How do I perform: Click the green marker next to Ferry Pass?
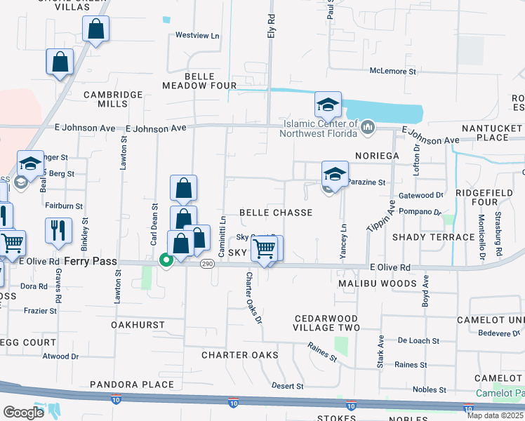(x=166, y=261)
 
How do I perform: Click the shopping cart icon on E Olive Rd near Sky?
(x=264, y=248)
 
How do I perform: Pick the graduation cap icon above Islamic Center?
(x=327, y=105)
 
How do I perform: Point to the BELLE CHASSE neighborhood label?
(x=275, y=212)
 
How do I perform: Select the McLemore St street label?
(x=394, y=70)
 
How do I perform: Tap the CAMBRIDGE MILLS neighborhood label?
(x=106, y=99)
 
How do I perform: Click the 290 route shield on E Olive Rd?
(x=207, y=264)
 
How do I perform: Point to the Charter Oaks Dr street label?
(x=253, y=298)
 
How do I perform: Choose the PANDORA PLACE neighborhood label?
(x=132, y=385)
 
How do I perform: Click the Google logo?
(x=23, y=412)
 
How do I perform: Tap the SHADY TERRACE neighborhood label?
(x=433, y=237)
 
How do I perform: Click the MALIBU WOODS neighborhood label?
(x=377, y=283)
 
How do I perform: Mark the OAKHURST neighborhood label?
(x=137, y=325)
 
